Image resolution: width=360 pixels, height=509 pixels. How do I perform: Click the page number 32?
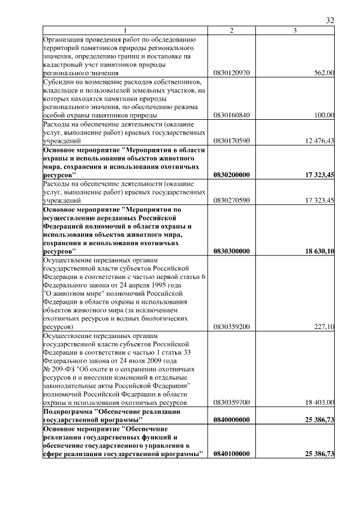[330, 20]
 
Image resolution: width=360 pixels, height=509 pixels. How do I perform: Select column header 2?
[232, 30]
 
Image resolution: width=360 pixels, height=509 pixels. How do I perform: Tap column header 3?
[295, 30]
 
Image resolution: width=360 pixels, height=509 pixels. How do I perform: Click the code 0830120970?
[232, 73]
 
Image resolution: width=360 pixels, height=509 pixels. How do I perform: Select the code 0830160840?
[232, 115]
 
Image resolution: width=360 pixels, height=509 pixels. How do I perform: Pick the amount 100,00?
[325, 115]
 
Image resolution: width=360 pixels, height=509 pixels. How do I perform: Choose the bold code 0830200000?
[232, 175]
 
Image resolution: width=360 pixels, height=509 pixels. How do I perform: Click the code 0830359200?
[232, 326]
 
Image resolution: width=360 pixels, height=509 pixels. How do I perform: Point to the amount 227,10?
[325, 326]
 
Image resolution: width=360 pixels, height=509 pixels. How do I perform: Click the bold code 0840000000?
[232, 420]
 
